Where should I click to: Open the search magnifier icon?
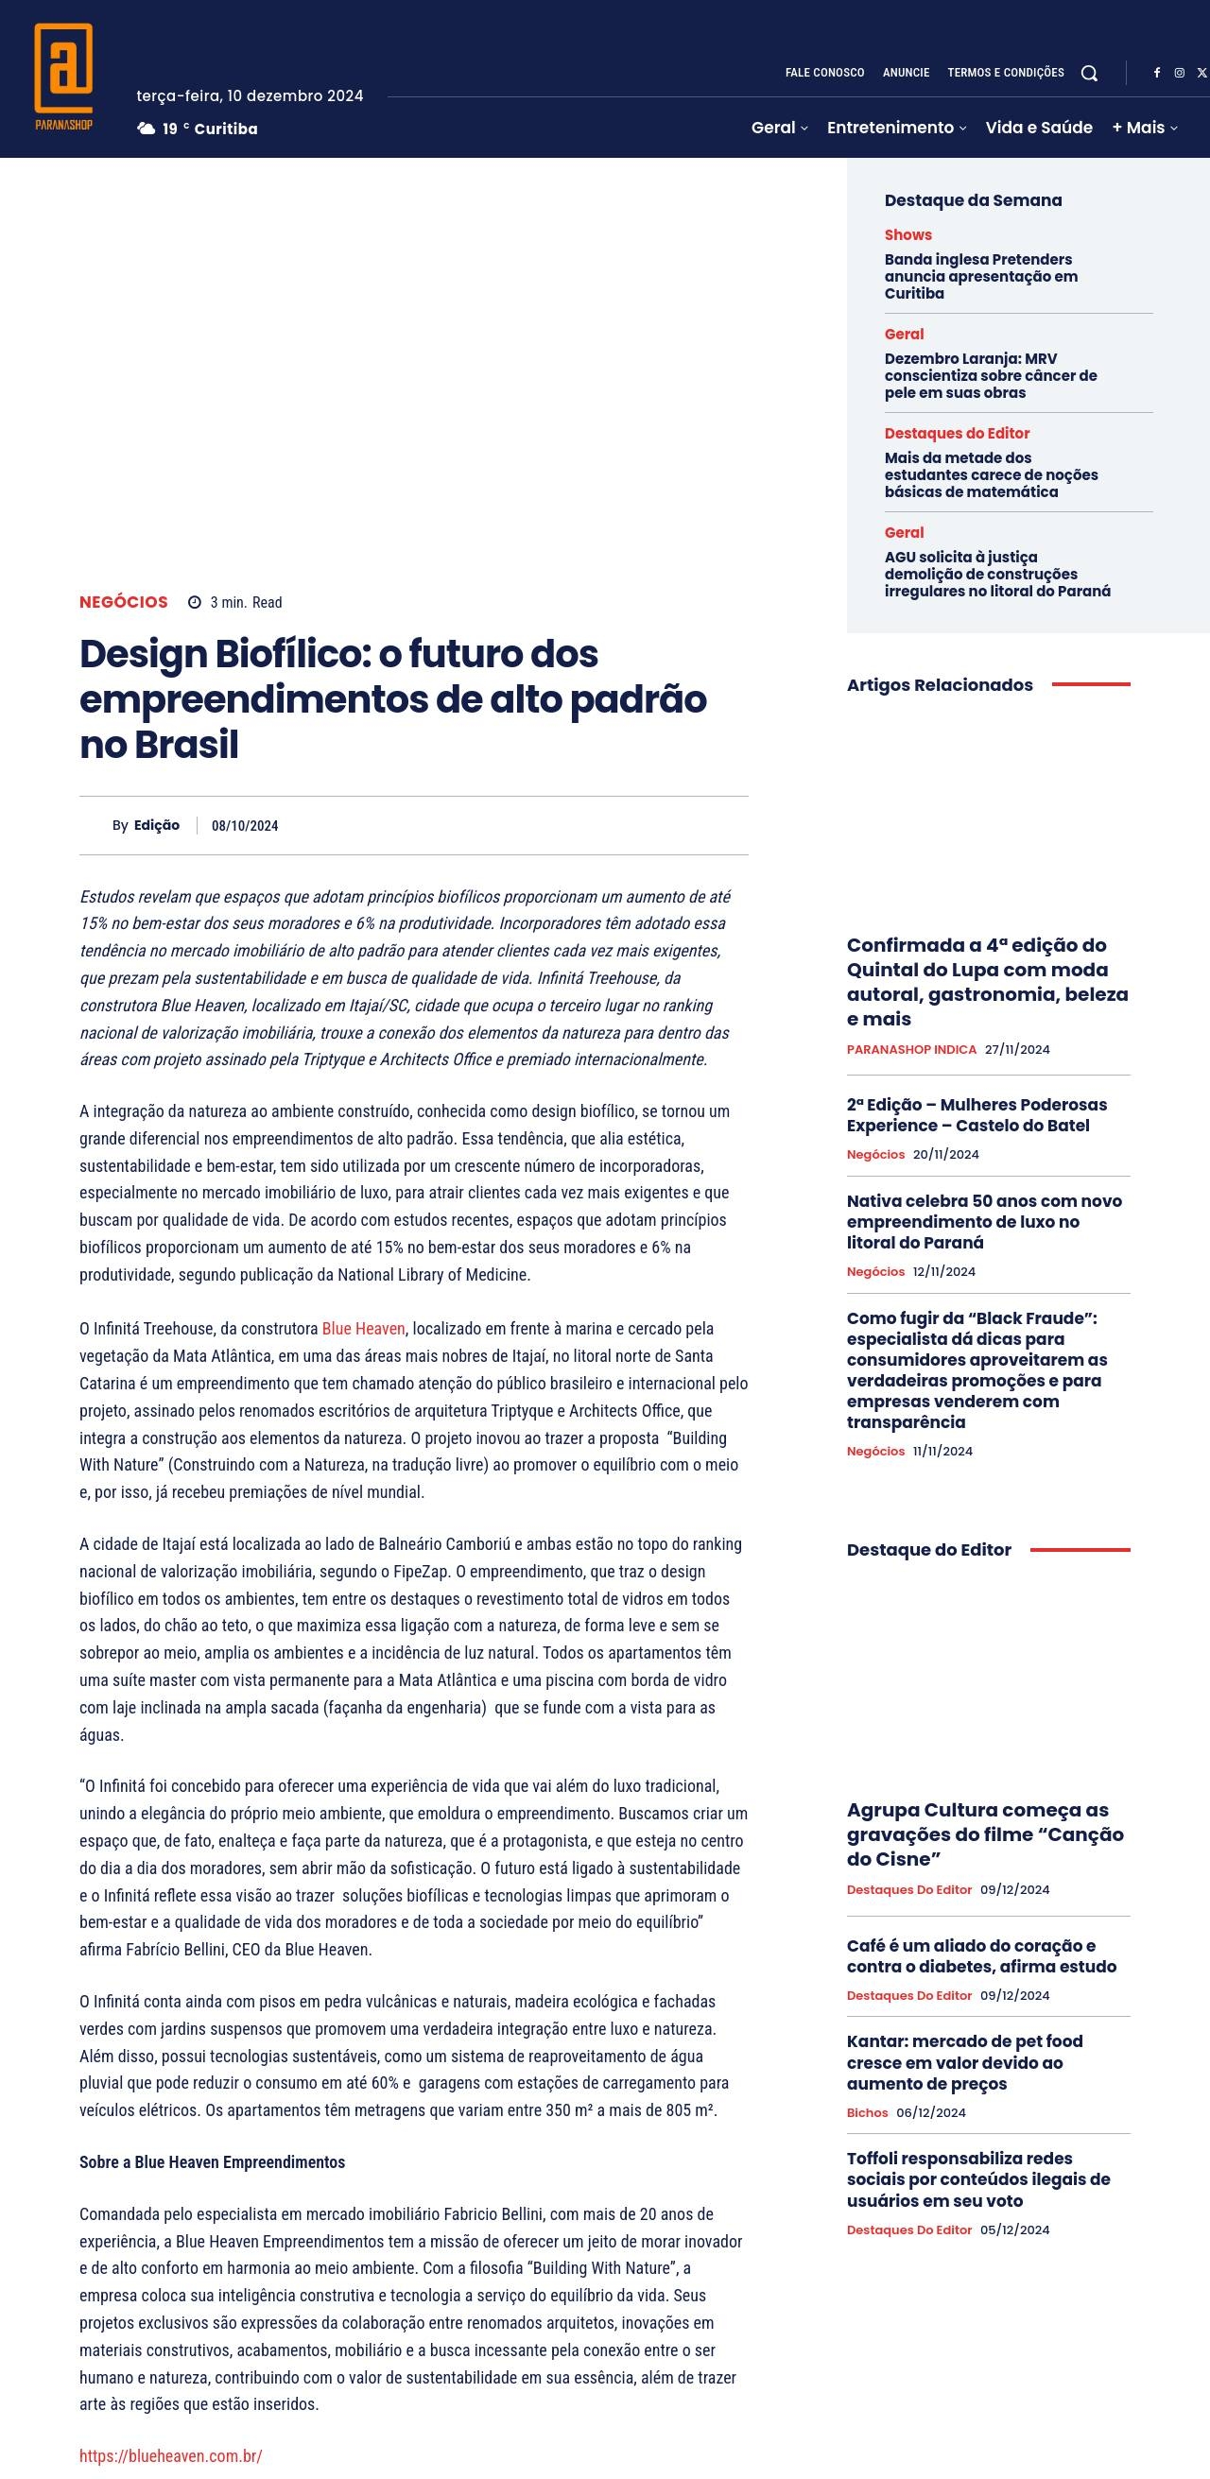point(1089,73)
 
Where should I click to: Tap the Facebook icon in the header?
point(1156,73)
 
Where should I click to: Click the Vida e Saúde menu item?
point(1038,128)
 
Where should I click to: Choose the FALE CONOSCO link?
point(824,73)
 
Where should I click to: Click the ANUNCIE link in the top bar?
point(905,73)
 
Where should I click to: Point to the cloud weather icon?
point(147,129)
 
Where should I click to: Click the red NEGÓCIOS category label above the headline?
point(123,602)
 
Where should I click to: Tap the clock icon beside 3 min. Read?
point(195,602)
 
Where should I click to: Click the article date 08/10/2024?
point(245,826)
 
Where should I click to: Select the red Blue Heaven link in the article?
point(363,1329)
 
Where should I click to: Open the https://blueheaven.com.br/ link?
point(170,2455)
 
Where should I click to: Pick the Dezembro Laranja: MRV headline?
point(990,375)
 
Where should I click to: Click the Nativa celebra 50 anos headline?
point(984,1221)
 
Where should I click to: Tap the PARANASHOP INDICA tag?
point(910,1050)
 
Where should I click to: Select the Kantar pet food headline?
point(963,2062)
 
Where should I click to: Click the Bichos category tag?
point(866,2112)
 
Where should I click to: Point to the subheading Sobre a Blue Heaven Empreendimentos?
point(212,2162)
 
